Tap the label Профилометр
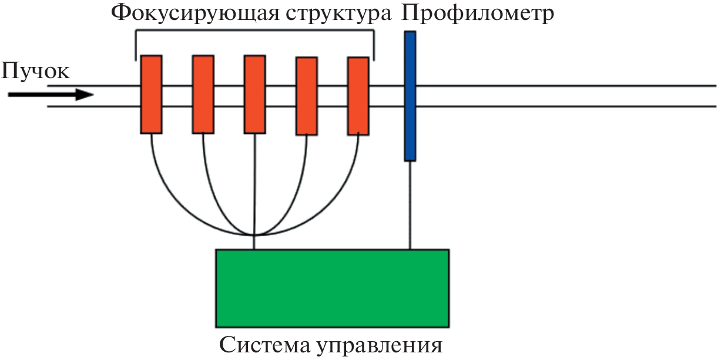(478, 13)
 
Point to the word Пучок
(35, 72)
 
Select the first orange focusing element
(151, 94)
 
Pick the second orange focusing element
(203, 94)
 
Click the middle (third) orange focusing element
(254, 94)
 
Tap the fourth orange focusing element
(306, 96)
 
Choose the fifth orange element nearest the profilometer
(358, 96)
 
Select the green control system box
(332, 288)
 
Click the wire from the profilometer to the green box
(410, 206)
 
